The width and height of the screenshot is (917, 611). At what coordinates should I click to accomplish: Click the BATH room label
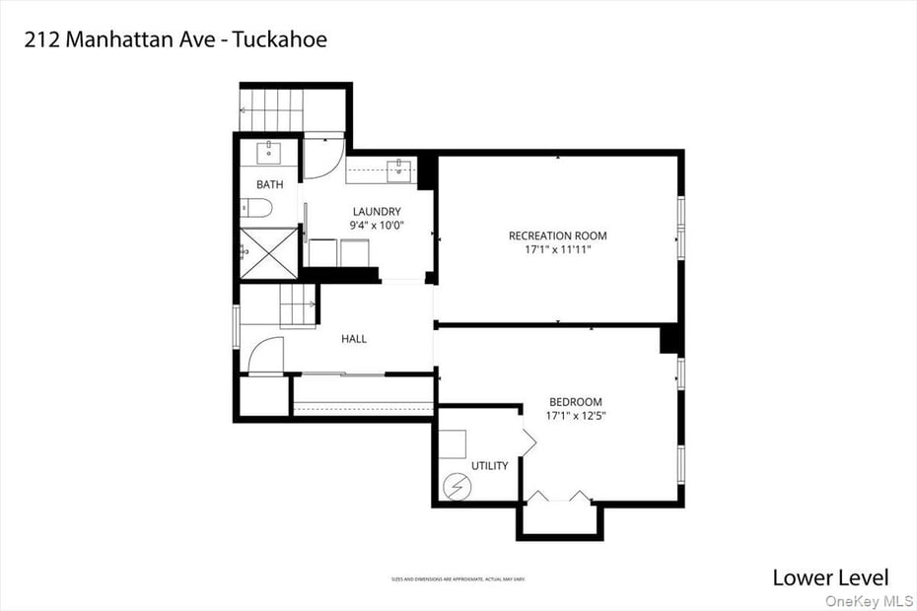click(269, 184)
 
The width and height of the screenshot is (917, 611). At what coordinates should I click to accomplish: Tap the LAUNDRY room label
click(377, 211)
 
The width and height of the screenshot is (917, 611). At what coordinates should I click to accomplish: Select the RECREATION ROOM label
click(557, 236)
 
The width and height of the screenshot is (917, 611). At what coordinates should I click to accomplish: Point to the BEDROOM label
click(575, 402)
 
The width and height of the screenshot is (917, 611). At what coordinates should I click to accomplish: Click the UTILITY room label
click(490, 465)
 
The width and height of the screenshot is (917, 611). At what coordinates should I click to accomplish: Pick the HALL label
click(354, 339)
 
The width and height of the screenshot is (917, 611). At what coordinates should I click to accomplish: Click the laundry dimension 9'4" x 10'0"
click(377, 226)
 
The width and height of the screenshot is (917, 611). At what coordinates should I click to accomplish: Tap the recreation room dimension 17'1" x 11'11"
click(557, 249)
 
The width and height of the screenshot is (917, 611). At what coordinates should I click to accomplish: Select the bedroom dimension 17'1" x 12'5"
click(575, 416)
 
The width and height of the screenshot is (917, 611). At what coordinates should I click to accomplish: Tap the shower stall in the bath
click(268, 252)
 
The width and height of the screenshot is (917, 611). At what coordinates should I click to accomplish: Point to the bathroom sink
click(269, 153)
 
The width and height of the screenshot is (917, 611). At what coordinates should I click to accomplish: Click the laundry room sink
click(399, 170)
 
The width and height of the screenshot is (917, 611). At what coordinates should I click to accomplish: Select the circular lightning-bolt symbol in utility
click(458, 485)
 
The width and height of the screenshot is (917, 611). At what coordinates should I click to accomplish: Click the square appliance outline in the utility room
click(452, 445)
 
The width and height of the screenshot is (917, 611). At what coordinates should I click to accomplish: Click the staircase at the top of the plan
click(270, 107)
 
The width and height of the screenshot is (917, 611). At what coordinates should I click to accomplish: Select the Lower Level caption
click(830, 577)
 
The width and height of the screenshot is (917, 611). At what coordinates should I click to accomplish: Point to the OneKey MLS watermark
click(870, 600)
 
